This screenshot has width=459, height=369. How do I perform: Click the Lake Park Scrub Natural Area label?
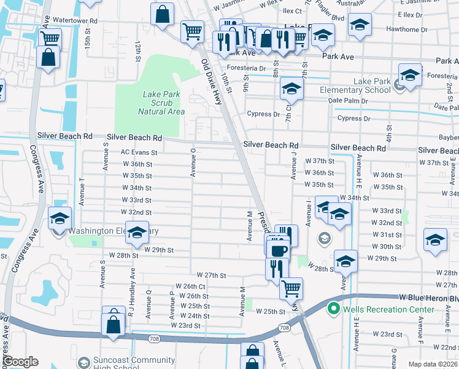tap(161, 103)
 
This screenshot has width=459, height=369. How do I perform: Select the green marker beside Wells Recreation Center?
tap(334, 308)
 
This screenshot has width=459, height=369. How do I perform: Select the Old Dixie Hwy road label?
tap(212, 82)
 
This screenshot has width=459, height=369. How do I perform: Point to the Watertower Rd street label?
tap(75, 20)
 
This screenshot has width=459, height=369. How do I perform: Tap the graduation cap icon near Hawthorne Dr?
tap(359, 25)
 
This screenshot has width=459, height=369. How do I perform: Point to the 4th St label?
tap(388, 132)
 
